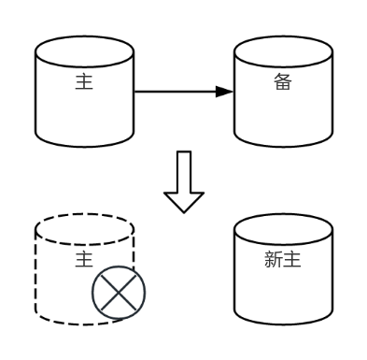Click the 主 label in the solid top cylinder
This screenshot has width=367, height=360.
tap(84, 82)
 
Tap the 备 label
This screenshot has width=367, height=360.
tap(283, 82)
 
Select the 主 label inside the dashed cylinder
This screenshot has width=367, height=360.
tap(84, 259)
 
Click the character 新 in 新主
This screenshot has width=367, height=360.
tap(274, 260)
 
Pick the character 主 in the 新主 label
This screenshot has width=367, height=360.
tap(291, 260)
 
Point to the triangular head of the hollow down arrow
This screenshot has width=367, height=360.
tap(184, 200)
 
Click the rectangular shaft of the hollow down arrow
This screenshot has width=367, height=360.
tap(184, 171)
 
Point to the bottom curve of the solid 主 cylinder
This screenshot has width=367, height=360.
tap(84, 147)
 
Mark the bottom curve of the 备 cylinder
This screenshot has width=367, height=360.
tap(283, 147)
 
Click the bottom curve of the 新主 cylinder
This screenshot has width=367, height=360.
tap(283, 324)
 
